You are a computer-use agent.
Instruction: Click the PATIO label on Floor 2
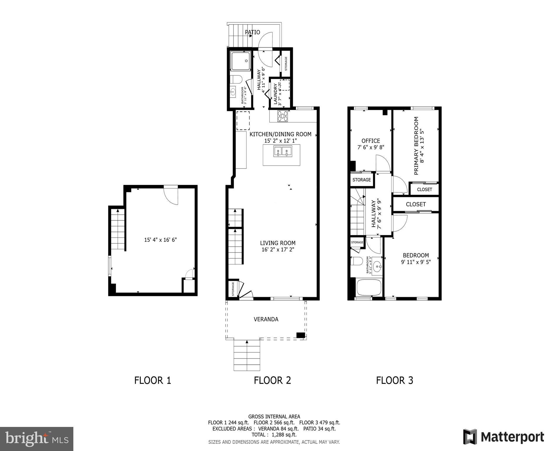pos(252,32)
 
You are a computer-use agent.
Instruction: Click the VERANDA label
pos(266,319)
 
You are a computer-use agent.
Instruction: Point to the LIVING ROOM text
pos(277,243)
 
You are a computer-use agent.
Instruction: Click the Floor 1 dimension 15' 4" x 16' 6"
pos(160,240)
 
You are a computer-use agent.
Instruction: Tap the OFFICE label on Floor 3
pos(370,141)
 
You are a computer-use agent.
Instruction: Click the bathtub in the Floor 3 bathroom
pos(369,288)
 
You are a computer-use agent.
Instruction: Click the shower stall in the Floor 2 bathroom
pos(241,61)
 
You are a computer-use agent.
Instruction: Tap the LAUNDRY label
pos(276,94)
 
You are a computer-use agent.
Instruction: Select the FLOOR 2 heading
pos(272,380)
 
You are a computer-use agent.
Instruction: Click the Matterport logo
pos(503,437)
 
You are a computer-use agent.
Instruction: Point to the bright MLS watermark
pos(37,439)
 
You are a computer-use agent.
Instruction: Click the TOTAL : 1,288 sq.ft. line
pos(274,435)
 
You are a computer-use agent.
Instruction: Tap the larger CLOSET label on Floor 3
pos(416,204)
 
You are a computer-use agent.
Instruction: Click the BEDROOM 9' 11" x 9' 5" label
pos(416,258)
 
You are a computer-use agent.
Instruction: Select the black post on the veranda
pos(300,335)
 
